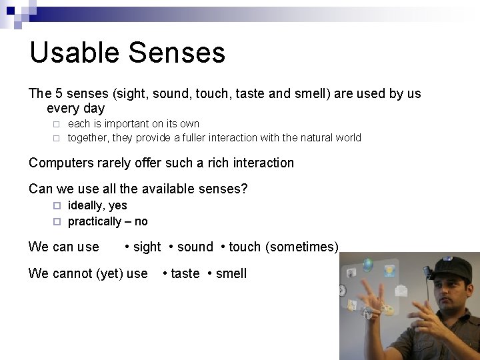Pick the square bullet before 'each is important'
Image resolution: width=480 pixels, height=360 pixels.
[x=57, y=124]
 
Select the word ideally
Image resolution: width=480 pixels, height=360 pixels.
[x=87, y=206]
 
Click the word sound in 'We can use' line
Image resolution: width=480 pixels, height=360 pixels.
[x=195, y=247]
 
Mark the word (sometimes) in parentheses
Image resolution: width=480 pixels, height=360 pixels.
[x=302, y=247]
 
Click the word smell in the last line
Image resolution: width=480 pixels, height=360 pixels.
[x=231, y=273]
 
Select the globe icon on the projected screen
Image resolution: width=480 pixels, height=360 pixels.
[x=368, y=265]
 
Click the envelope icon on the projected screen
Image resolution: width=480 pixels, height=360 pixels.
[x=401, y=290]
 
